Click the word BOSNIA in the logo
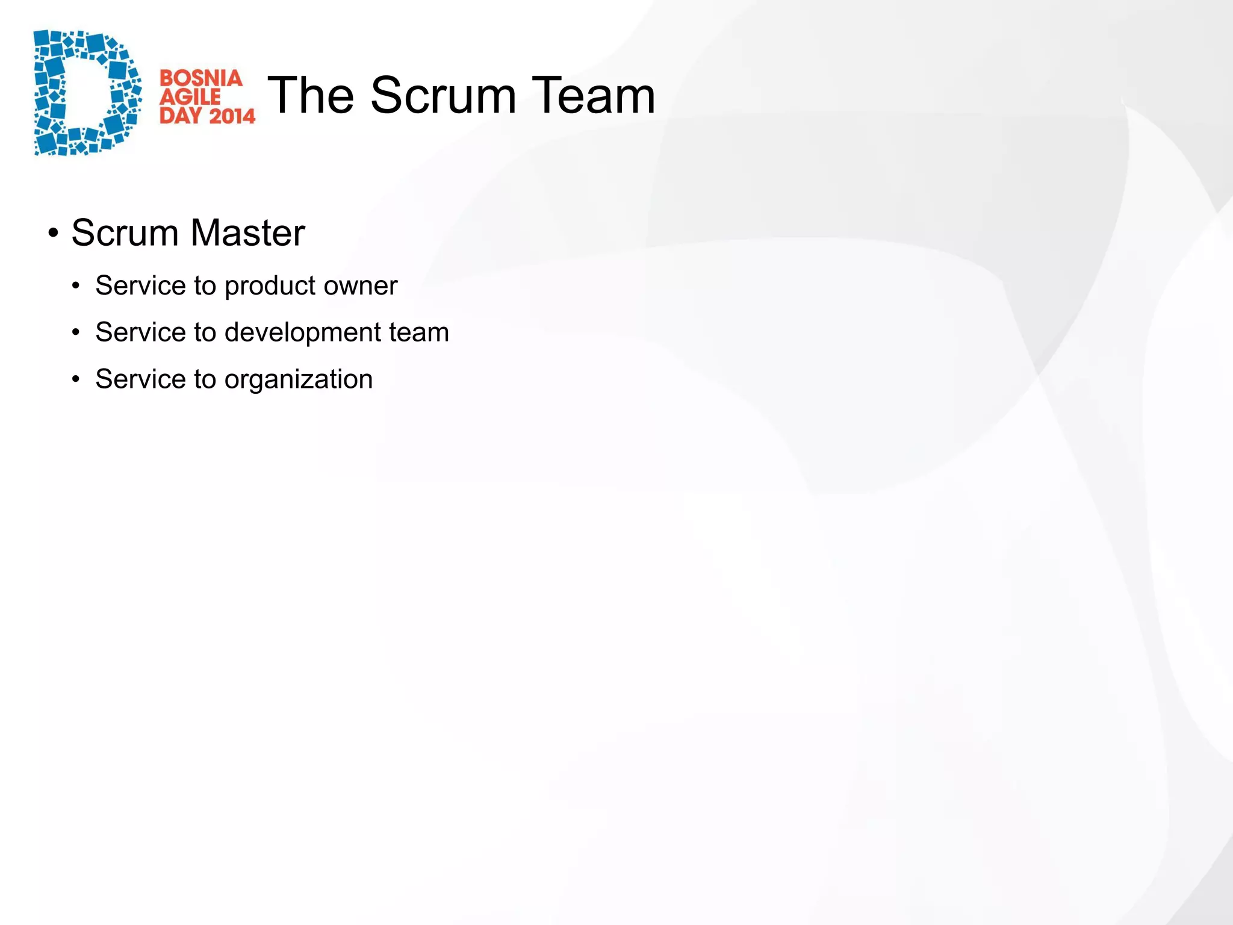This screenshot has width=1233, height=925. [x=200, y=78]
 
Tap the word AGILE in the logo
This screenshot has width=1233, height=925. [x=190, y=97]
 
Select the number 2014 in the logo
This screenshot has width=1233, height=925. [x=232, y=115]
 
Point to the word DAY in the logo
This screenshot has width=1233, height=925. [x=181, y=115]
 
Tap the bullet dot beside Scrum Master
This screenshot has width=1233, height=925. [x=54, y=233]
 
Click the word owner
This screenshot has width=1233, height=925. [x=367, y=286]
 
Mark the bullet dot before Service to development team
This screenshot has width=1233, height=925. [x=75, y=332]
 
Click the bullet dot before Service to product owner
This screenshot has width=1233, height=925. [x=75, y=286]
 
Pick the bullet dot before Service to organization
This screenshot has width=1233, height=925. [x=75, y=379]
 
